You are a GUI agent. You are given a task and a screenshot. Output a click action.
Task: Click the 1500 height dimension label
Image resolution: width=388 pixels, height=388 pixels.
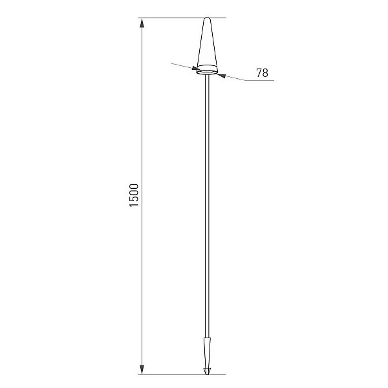pyautogui.click(x=134, y=195)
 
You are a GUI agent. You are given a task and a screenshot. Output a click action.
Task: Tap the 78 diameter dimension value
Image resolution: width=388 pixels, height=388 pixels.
pyautogui.click(x=262, y=72)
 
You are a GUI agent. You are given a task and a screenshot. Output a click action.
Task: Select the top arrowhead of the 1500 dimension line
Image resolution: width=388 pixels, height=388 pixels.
pyautogui.click(x=142, y=23)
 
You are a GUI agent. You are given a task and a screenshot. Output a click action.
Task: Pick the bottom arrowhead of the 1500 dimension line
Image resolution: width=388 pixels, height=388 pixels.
pyautogui.click(x=142, y=369)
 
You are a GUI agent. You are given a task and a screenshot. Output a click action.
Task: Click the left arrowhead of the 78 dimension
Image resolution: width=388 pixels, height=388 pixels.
pyautogui.click(x=195, y=68)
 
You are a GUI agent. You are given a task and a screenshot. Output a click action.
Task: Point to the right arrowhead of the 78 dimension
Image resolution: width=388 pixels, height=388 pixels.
pyautogui.click(x=222, y=76)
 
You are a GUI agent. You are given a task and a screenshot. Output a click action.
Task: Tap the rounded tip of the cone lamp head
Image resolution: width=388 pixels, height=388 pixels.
pyautogui.click(x=207, y=18)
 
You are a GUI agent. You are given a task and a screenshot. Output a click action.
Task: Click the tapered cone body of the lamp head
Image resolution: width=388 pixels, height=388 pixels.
pyautogui.click(x=207, y=43)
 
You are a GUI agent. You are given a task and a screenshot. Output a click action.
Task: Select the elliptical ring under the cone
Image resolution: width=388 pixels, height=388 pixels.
pyautogui.click(x=207, y=72)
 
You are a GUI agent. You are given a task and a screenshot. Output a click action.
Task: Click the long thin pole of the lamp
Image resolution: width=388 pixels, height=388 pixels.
pyautogui.click(x=207, y=206)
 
